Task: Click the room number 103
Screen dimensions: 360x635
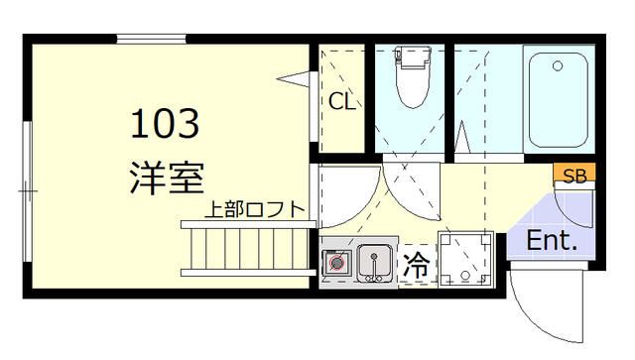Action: point(166,124)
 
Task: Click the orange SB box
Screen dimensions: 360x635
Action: point(574,176)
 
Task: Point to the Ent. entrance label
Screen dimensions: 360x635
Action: point(552,240)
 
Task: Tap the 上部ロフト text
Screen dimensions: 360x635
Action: point(255,210)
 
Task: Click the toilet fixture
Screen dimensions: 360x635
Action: point(410,84)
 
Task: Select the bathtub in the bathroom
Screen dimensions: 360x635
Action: point(562,99)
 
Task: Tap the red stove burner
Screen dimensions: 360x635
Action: point(338,263)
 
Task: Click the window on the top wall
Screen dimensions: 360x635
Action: point(152,40)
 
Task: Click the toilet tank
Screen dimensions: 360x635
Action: point(410,60)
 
